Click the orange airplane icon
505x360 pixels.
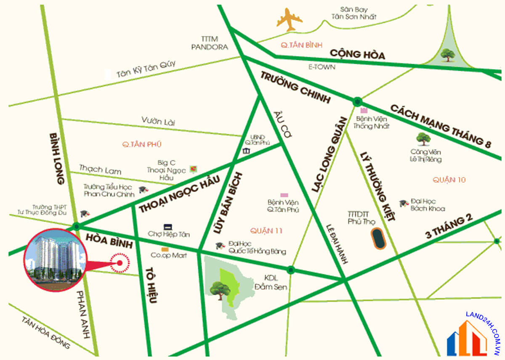(290, 19)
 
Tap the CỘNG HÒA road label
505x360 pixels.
(357, 54)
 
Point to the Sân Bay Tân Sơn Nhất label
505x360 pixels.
(359, 13)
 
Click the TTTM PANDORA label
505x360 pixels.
(209, 43)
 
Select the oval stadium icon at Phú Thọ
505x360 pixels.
(379, 239)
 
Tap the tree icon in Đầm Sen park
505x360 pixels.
(220, 290)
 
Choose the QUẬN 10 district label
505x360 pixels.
(449, 180)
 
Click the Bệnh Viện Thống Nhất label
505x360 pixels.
(371, 122)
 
